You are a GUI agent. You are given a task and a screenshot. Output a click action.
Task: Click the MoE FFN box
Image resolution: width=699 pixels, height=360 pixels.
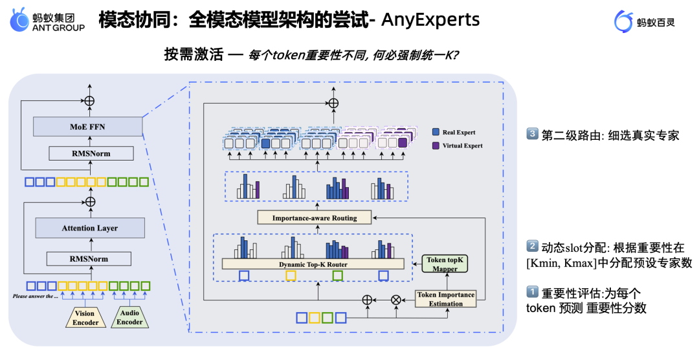(88, 127)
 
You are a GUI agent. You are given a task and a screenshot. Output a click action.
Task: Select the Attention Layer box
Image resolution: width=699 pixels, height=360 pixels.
(89, 228)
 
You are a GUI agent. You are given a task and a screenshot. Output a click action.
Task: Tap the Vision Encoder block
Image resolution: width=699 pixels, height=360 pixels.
(85, 317)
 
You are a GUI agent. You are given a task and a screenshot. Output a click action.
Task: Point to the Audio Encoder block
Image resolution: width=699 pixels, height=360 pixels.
(129, 317)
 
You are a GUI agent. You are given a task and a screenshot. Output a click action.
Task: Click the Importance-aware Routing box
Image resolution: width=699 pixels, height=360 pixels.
(315, 218)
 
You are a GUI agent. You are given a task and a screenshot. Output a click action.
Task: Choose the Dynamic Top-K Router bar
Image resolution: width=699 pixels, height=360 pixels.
(313, 264)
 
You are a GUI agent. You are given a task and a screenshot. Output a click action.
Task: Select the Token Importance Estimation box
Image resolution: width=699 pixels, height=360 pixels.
(446, 298)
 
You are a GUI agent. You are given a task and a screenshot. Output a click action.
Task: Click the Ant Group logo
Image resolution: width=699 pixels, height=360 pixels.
(47, 21)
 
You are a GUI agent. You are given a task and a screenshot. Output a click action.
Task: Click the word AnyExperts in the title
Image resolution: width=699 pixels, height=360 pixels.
(430, 20)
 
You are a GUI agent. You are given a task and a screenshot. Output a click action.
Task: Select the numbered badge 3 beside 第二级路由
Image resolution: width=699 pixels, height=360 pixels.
(531, 135)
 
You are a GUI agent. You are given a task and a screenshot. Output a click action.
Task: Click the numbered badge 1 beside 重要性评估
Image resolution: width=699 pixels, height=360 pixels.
(531, 292)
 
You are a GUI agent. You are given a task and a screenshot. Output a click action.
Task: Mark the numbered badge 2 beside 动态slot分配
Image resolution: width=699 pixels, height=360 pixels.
(531, 247)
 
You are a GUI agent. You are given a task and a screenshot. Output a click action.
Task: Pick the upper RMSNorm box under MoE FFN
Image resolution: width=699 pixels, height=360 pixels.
(89, 154)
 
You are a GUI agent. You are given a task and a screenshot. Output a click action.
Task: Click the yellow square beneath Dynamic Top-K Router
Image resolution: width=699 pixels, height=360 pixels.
(291, 276)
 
